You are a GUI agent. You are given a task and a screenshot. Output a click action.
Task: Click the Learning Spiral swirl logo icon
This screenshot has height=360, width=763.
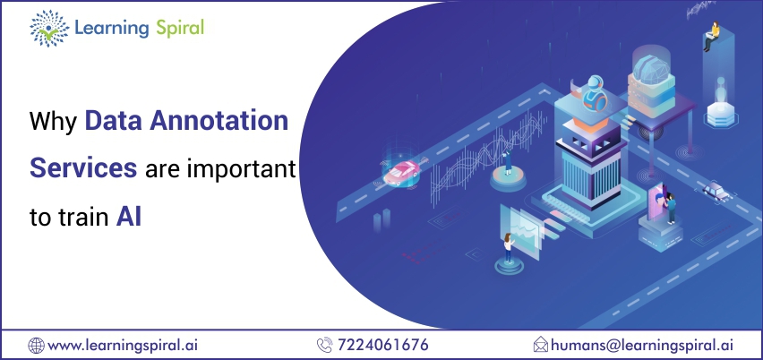(x=49, y=29)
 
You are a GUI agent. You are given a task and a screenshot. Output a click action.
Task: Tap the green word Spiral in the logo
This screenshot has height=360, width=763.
(x=180, y=29)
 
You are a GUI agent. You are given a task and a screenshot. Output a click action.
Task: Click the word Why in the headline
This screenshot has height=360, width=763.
(x=53, y=123)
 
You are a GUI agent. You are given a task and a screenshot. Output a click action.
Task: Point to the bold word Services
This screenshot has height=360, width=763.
(x=83, y=167)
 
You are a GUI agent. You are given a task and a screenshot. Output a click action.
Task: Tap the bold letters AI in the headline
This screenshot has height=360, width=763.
(x=128, y=217)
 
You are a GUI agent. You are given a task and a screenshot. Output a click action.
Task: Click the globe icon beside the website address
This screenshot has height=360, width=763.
(x=36, y=346)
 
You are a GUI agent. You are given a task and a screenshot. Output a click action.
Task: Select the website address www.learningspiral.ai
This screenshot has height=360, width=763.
(x=123, y=346)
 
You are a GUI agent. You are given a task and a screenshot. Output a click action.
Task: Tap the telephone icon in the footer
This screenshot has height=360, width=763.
(x=324, y=345)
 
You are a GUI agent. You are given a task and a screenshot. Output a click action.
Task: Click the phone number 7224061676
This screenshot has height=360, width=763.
(x=383, y=345)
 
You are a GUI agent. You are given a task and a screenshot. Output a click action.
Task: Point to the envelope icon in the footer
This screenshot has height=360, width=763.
(x=541, y=345)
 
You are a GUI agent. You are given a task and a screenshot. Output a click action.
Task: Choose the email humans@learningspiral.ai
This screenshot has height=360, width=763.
(x=642, y=346)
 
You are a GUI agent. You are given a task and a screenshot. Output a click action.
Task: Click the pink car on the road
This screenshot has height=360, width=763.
(x=401, y=172)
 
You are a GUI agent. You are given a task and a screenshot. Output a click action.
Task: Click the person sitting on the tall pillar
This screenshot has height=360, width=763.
(x=711, y=36)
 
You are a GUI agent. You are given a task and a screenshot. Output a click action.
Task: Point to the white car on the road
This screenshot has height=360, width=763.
(x=716, y=191)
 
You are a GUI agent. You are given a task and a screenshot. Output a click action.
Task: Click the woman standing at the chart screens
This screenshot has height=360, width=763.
(x=509, y=247)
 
